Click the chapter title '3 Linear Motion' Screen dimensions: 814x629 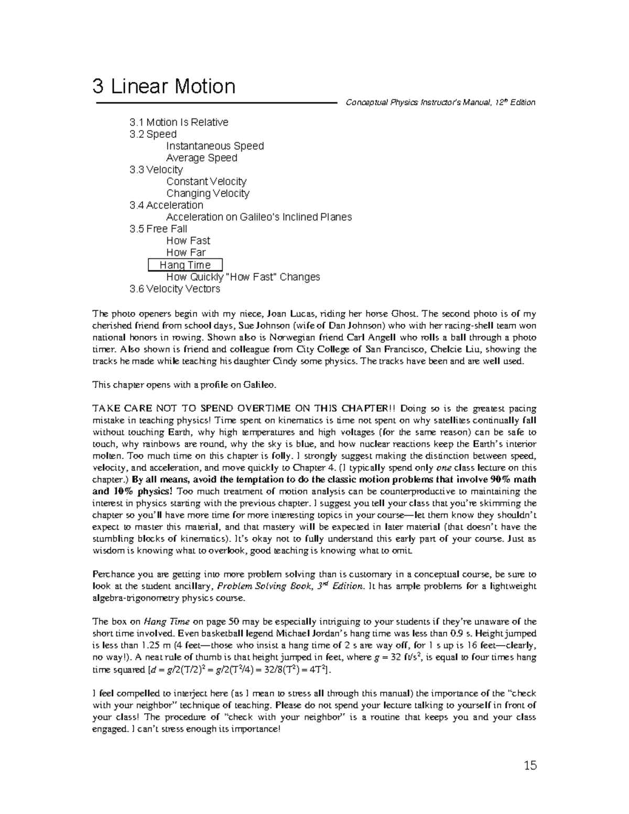(x=164, y=86)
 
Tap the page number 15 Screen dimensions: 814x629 (x=530, y=766)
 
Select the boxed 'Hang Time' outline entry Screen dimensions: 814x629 (x=185, y=265)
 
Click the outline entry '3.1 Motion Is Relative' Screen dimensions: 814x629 (x=179, y=122)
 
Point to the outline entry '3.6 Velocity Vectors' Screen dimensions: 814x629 (x=175, y=289)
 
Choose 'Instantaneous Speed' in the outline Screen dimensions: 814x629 (x=215, y=146)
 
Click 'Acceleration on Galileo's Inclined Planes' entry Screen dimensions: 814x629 (x=259, y=217)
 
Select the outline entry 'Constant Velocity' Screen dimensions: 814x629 (x=206, y=181)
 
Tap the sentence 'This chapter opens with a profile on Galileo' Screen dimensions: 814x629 (x=183, y=385)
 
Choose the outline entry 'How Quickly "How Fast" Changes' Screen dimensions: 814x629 (x=243, y=277)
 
